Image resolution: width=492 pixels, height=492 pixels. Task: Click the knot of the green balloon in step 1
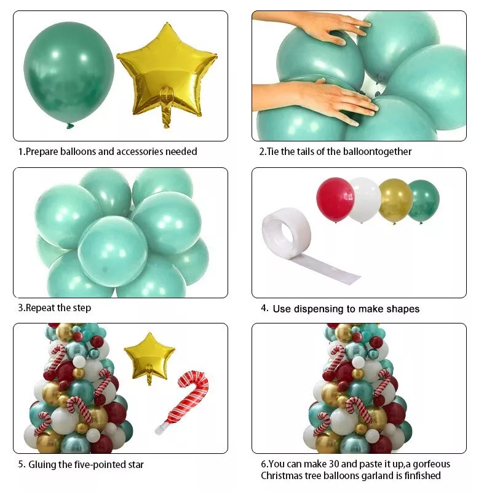point(70,126)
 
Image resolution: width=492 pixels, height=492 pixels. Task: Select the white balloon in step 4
point(364,199)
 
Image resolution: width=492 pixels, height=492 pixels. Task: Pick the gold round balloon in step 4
point(394,200)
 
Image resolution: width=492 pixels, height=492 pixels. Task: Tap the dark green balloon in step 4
point(423,200)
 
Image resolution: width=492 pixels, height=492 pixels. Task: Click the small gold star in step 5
point(149,355)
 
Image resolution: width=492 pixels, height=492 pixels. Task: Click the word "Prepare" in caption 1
point(43,151)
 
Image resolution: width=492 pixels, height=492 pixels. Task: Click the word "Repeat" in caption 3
point(41,307)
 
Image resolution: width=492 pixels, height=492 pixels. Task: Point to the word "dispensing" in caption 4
point(319,309)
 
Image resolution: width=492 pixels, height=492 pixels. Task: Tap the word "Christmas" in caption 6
point(282,475)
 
